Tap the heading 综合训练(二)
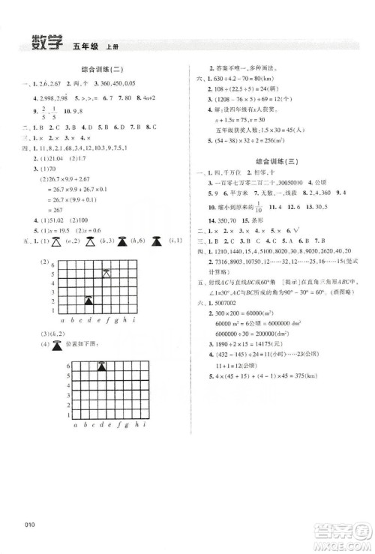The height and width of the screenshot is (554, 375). pyautogui.click(x=101, y=69)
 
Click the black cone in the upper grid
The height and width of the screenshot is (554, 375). pyautogui.click(x=88, y=300)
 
